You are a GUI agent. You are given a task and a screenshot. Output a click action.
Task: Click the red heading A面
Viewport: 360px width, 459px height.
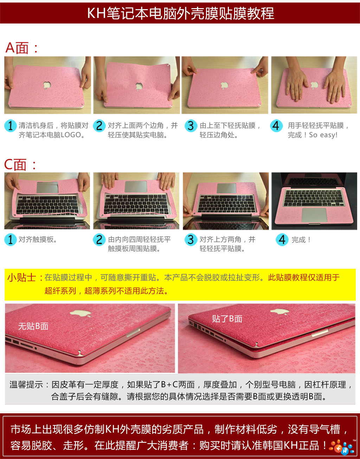pos(21,48)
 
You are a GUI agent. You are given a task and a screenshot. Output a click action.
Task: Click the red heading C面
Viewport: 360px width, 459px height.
pos(20,165)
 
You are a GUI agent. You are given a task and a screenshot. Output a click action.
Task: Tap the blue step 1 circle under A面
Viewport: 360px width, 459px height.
pos(10,126)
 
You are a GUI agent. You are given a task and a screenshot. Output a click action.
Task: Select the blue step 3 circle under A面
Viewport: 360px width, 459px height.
pos(191,126)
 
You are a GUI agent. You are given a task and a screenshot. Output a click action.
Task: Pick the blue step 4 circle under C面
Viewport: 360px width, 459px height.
pos(282,240)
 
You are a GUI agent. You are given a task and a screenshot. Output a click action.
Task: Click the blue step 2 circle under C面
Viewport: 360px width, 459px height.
pos(99,240)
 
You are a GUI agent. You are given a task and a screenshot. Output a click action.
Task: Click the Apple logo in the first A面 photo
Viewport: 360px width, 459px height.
pos(47,85)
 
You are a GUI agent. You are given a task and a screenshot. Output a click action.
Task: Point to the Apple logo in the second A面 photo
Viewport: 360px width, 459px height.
pos(139,86)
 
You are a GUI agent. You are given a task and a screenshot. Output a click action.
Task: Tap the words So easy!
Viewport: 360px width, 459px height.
pos(323,135)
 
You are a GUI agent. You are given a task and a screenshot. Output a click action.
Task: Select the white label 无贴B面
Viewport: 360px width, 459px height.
pos(33,326)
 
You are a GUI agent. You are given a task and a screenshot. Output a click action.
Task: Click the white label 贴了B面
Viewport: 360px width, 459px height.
pos(227,319)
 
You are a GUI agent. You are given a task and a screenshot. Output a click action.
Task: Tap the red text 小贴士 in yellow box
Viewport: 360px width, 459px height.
pos(21,278)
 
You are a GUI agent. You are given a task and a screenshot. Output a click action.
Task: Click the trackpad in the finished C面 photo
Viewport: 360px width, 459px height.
pos(314,215)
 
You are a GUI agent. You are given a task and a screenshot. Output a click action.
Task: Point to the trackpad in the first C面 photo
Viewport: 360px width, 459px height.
pos(47,187)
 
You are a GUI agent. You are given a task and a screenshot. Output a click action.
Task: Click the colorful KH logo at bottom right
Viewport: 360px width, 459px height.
pos(342,447)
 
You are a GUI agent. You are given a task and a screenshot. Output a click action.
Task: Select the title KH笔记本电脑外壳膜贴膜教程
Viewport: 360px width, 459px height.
pos(181,13)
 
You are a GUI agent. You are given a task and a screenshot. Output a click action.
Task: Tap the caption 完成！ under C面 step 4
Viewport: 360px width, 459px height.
pos(301,240)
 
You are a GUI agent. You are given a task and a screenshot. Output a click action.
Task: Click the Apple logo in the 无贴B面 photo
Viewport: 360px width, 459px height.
pos(81,313)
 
